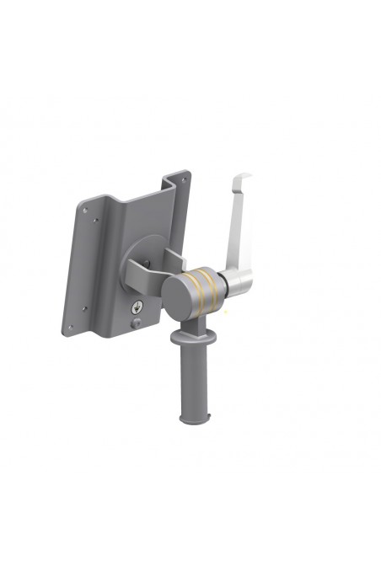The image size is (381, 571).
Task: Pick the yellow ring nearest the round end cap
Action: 200,286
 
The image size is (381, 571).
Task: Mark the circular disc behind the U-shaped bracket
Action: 143,253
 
